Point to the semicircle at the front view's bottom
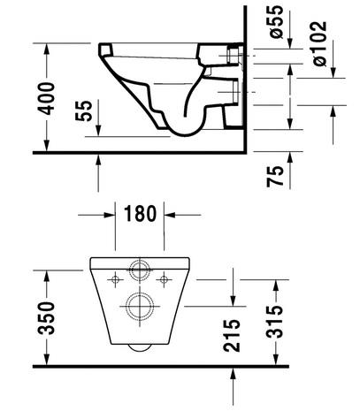coord(140,347)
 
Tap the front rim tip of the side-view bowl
coord(103,47)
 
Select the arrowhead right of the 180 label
coord(172,213)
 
